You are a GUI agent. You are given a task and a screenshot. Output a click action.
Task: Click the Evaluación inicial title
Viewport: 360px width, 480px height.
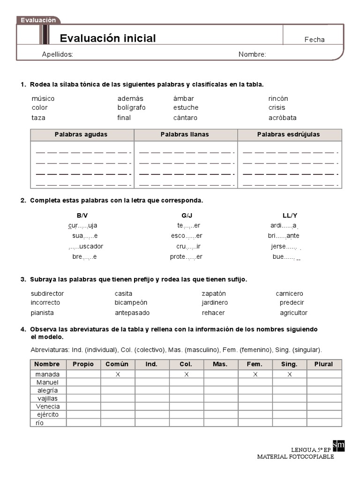tap(108, 38)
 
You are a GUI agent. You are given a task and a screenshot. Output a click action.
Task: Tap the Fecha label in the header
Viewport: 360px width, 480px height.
tap(314, 40)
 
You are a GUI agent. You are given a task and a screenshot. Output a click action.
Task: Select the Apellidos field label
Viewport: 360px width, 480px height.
tap(57, 54)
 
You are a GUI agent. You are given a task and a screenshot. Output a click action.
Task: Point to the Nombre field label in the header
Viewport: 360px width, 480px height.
tap(252, 54)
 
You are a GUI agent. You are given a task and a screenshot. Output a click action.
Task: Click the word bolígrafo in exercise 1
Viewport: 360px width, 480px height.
tap(131, 108)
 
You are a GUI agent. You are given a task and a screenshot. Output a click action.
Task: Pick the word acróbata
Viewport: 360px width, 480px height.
tap(282, 118)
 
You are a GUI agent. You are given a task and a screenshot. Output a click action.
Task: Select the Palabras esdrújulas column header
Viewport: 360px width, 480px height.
tap(288, 135)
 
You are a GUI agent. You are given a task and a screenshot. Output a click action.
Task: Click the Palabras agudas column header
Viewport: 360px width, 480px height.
tap(81, 135)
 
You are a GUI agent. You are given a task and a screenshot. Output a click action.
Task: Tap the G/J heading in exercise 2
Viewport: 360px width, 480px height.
tap(187, 216)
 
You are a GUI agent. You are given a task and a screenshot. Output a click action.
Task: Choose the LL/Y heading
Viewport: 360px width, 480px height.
tap(290, 216)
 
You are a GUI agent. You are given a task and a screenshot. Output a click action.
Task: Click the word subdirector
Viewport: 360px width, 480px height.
tap(47, 294)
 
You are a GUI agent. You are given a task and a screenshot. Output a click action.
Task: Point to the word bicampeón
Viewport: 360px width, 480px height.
tap(131, 303)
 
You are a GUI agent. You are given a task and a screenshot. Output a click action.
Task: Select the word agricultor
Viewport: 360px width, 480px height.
tap(293, 313)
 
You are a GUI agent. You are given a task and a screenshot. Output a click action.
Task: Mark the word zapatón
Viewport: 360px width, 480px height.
tap(214, 294)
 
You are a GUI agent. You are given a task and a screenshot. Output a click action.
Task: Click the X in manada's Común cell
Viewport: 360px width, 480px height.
tap(118, 375)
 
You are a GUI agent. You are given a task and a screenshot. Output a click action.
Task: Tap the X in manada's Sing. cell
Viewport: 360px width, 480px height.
tap(290, 375)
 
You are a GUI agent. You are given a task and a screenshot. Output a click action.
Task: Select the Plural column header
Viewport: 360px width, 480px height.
tap(324, 364)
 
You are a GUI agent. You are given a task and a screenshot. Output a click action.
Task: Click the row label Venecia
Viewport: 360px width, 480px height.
tap(47, 406)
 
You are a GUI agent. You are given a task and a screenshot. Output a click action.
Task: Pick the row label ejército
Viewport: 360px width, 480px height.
tap(47, 415)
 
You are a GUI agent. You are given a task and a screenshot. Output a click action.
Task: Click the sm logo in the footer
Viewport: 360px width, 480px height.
tap(338, 445)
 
